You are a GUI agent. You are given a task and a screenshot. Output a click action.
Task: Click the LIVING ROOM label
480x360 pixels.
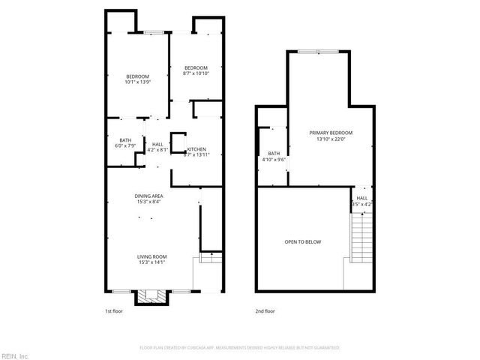(151, 255)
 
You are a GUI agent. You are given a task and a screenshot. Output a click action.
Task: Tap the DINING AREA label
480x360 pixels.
(148, 195)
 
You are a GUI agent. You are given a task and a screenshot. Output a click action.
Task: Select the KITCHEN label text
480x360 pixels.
(197, 148)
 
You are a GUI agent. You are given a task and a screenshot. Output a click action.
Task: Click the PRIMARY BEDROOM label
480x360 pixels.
(331, 133)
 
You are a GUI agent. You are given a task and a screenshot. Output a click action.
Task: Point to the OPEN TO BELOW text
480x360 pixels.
(302, 241)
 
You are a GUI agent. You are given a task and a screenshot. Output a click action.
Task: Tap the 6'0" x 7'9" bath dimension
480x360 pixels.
(125, 146)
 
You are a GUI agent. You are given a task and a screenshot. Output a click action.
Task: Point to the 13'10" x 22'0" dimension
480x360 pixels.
(331, 139)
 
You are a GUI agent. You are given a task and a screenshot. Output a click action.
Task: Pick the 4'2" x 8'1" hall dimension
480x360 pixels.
(157, 150)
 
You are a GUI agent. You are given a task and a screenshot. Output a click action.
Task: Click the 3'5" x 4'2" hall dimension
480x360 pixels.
(361, 204)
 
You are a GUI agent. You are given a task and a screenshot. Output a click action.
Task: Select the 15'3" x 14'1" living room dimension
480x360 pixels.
(151, 262)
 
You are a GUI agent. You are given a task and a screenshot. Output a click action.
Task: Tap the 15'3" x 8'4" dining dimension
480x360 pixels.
(148, 202)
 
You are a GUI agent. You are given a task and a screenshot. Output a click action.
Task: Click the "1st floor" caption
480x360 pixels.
(114, 310)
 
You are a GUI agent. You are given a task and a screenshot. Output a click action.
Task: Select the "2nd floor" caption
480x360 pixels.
(265, 310)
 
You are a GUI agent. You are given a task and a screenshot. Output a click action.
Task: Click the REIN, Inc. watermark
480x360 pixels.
(15, 355)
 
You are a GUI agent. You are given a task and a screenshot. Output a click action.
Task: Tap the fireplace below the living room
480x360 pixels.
(146, 298)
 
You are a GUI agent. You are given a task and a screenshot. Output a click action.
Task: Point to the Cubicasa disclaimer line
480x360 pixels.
(240, 348)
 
